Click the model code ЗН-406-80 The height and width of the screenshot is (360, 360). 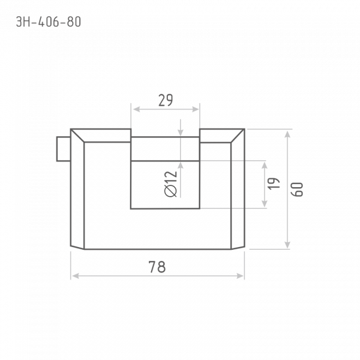48,22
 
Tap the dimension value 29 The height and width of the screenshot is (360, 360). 166,100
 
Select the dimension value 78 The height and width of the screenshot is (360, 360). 157,267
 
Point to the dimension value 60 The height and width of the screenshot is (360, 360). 297,189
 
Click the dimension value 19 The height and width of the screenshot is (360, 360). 274,183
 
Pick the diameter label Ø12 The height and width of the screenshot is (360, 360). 171,184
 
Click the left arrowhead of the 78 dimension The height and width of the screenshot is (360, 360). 75,276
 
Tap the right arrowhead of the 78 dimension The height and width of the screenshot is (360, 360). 240,276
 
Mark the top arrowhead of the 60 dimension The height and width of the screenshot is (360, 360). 287,134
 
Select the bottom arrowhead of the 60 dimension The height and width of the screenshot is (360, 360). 287,244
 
